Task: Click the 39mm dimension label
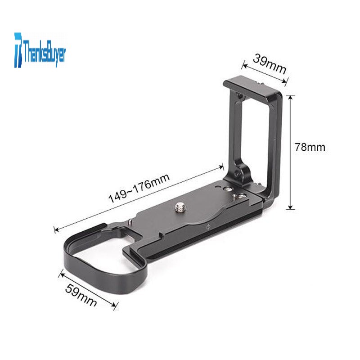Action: [x=270, y=63]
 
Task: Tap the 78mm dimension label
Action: [x=310, y=147]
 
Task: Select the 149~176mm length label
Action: [x=139, y=188]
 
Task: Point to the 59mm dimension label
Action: [x=81, y=295]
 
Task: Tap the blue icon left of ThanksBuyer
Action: [x=18, y=50]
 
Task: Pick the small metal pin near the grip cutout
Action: [x=130, y=222]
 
